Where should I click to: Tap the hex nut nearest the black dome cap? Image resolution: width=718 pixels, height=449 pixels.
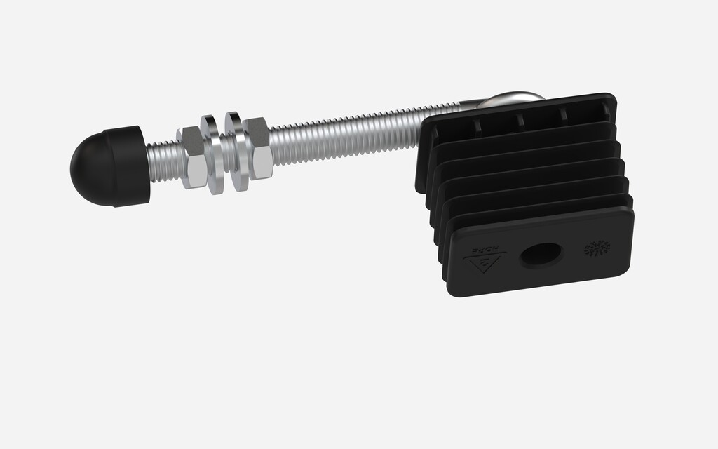(192, 158)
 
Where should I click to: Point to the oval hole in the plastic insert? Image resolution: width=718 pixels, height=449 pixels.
(541, 255)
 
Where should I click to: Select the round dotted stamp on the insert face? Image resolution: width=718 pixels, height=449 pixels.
(597, 248)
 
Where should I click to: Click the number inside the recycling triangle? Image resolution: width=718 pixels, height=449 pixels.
(485, 266)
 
